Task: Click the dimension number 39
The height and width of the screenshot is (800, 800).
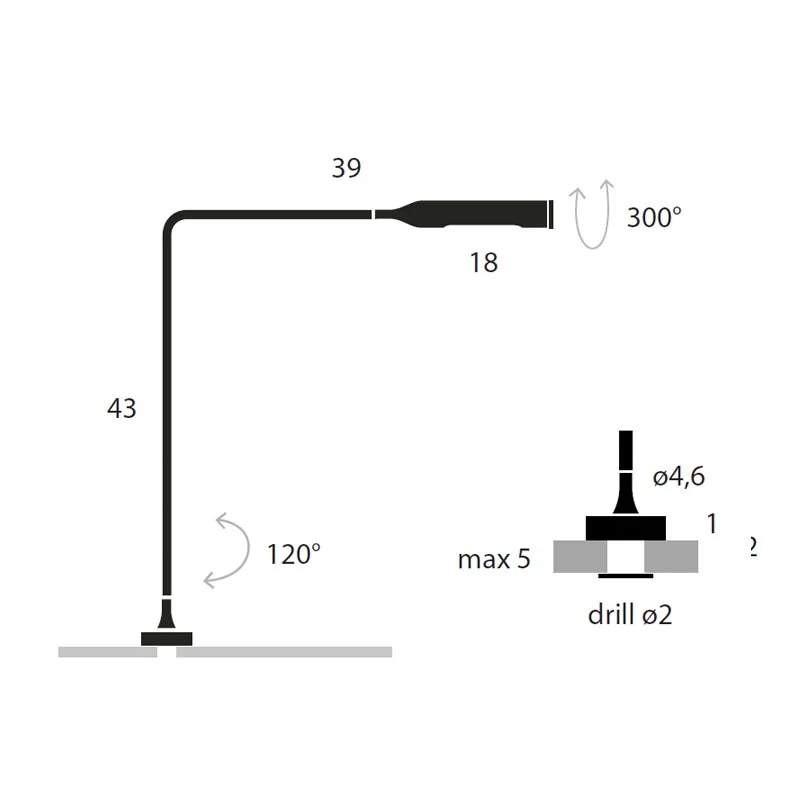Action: [x=346, y=169]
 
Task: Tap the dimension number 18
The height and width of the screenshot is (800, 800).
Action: [x=484, y=263]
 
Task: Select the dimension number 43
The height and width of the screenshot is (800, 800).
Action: [x=121, y=408]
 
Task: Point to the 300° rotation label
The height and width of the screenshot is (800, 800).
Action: [x=654, y=217]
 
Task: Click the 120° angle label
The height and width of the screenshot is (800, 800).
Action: [x=294, y=553]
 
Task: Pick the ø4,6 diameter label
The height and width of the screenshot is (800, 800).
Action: [x=679, y=477]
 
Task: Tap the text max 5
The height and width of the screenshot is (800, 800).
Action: [x=494, y=559]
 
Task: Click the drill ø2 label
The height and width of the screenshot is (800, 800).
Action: [x=630, y=615]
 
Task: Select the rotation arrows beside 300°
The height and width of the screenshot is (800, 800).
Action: [x=591, y=215]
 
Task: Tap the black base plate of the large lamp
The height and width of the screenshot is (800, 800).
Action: [x=167, y=638]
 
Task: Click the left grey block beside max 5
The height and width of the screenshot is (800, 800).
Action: [x=579, y=556]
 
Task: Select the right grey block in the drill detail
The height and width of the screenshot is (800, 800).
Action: [x=672, y=556]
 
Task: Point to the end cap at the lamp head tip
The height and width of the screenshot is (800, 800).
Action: [x=551, y=214]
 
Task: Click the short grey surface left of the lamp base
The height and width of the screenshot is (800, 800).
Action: [x=107, y=652]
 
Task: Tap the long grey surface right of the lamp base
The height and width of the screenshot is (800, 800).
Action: [x=284, y=652]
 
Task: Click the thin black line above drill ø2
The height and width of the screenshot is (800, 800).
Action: [x=626, y=576]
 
